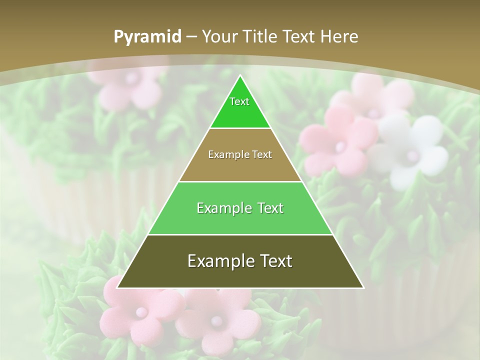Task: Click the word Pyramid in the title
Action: point(147,37)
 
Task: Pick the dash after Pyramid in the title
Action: point(191,37)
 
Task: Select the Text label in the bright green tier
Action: point(239,101)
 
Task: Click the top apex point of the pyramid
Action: point(240,75)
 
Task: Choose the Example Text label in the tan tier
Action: point(240,154)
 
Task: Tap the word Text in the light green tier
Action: point(266,208)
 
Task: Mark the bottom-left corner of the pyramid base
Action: point(117,288)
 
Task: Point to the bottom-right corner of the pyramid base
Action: point(363,288)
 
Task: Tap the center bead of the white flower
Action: point(413,155)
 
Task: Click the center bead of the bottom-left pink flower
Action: point(141,312)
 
